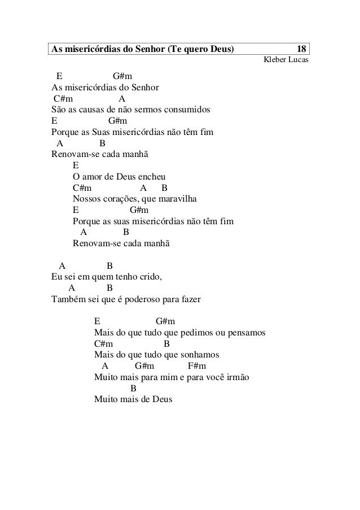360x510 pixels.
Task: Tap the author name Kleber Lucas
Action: [x=283, y=60]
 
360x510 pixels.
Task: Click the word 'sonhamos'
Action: [x=197, y=355]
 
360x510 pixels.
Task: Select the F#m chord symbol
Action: [x=196, y=366]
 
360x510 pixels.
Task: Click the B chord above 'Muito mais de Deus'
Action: [x=134, y=388]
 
